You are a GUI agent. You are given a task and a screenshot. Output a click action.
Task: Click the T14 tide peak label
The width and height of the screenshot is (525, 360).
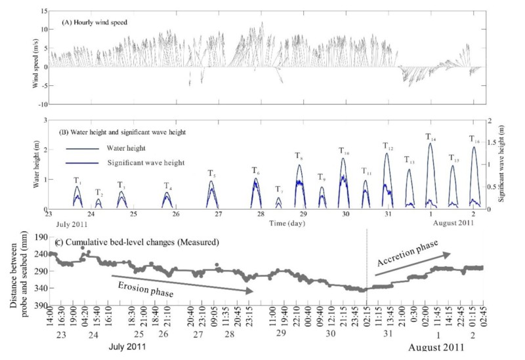pyautogui.click(x=430, y=137)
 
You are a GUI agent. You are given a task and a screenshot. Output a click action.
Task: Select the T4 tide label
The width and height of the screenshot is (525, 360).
pyautogui.click(x=168, y=186)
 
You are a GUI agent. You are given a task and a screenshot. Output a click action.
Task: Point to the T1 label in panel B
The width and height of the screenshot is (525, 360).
pyautogui.click(x=77, y=180)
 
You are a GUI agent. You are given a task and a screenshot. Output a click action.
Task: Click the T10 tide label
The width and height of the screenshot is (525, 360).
pyautogui.click(x=345, y=151)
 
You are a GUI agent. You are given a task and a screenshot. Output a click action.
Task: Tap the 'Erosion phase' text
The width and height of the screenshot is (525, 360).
pyautogui.click(x=141, y=284)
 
